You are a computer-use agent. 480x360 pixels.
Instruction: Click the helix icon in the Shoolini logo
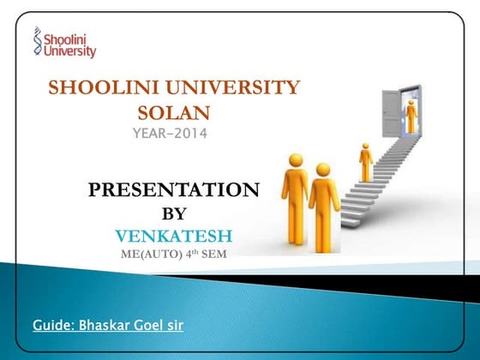click(x=37, y=39)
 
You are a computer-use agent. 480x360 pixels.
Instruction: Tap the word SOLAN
click(x=173, y=111)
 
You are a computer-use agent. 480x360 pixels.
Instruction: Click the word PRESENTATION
click(x=173, y=190)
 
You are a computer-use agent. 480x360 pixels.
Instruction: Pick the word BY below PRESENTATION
click(x=173, y=213)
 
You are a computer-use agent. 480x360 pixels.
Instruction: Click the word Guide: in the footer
click(x=53, y=326)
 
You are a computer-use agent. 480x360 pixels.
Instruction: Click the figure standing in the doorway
click(x=411, y=115)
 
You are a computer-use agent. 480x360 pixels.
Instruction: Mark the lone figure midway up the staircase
click(x=366, y=161)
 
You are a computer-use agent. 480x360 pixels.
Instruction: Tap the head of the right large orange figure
click(x=323, y=169)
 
